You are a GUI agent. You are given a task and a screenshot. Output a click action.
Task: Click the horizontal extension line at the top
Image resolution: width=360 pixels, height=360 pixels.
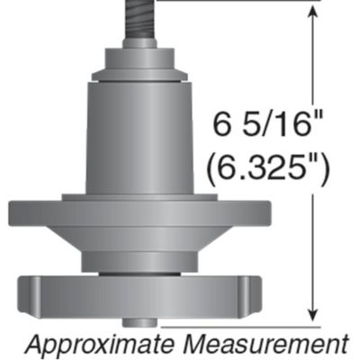243,1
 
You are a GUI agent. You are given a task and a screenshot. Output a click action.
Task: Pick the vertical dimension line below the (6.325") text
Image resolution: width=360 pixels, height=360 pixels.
312,252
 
